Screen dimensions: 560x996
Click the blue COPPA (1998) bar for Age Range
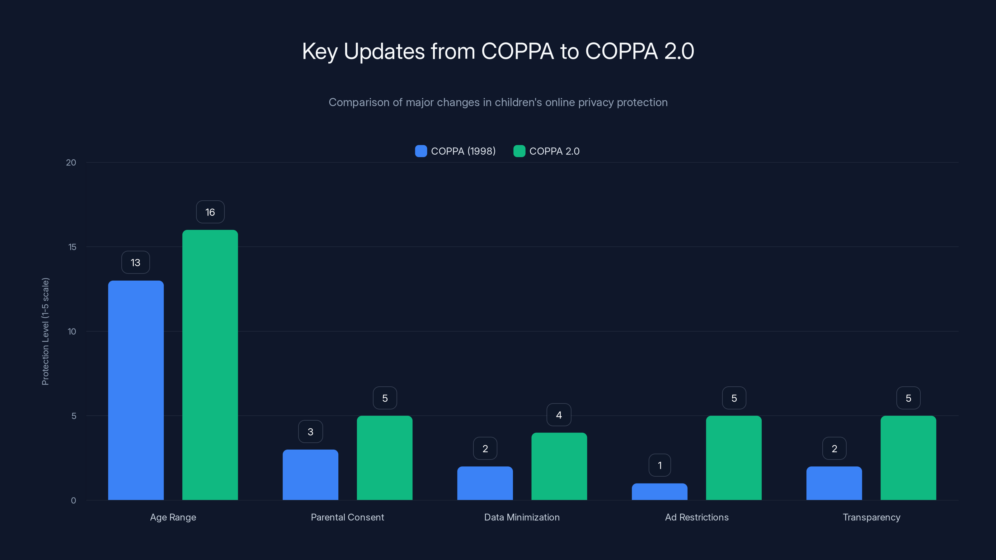point(136,390)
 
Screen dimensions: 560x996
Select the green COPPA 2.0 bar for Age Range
point(210,365)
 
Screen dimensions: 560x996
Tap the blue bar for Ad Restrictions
point(660,492)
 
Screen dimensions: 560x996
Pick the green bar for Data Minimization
point(559,466)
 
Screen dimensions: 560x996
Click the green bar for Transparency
point(908,458)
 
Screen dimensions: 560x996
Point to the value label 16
point(210,212)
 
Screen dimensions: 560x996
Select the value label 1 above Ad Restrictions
point(660,465)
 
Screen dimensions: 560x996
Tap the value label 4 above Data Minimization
point(559,415)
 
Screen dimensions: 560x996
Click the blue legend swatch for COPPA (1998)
point(421,151)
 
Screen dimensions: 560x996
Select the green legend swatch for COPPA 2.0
point(519,151)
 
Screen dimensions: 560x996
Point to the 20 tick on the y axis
point(71,163)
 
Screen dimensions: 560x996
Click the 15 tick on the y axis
point(72,247)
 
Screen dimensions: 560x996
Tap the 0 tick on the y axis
point(73,501)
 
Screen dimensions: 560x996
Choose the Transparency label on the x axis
point(872,517)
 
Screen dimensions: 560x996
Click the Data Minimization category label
point(522,517)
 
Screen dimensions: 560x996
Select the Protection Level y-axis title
point(45,331)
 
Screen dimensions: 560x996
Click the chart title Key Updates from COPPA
point(498,51)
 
